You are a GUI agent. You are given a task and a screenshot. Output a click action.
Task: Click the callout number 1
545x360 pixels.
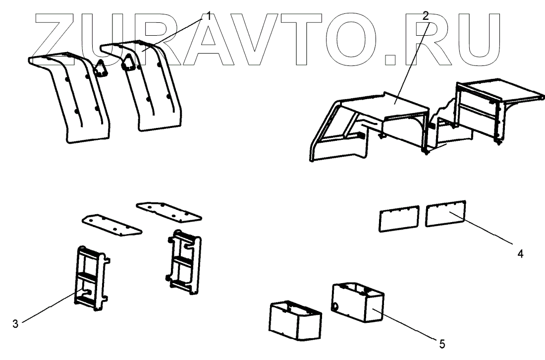click(x=209, y=16)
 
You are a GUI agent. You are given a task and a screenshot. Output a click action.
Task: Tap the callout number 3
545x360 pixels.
click(x=15, y=324)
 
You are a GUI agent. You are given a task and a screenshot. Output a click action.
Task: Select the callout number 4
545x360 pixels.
click(x=520, y=254)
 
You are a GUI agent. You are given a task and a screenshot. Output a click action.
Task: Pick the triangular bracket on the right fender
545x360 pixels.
click(x=129, y=62)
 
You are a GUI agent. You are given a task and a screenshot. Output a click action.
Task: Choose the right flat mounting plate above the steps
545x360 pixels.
click(x=168, y=211)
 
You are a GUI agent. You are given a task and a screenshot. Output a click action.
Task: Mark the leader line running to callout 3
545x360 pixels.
click(x=50, y=309)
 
